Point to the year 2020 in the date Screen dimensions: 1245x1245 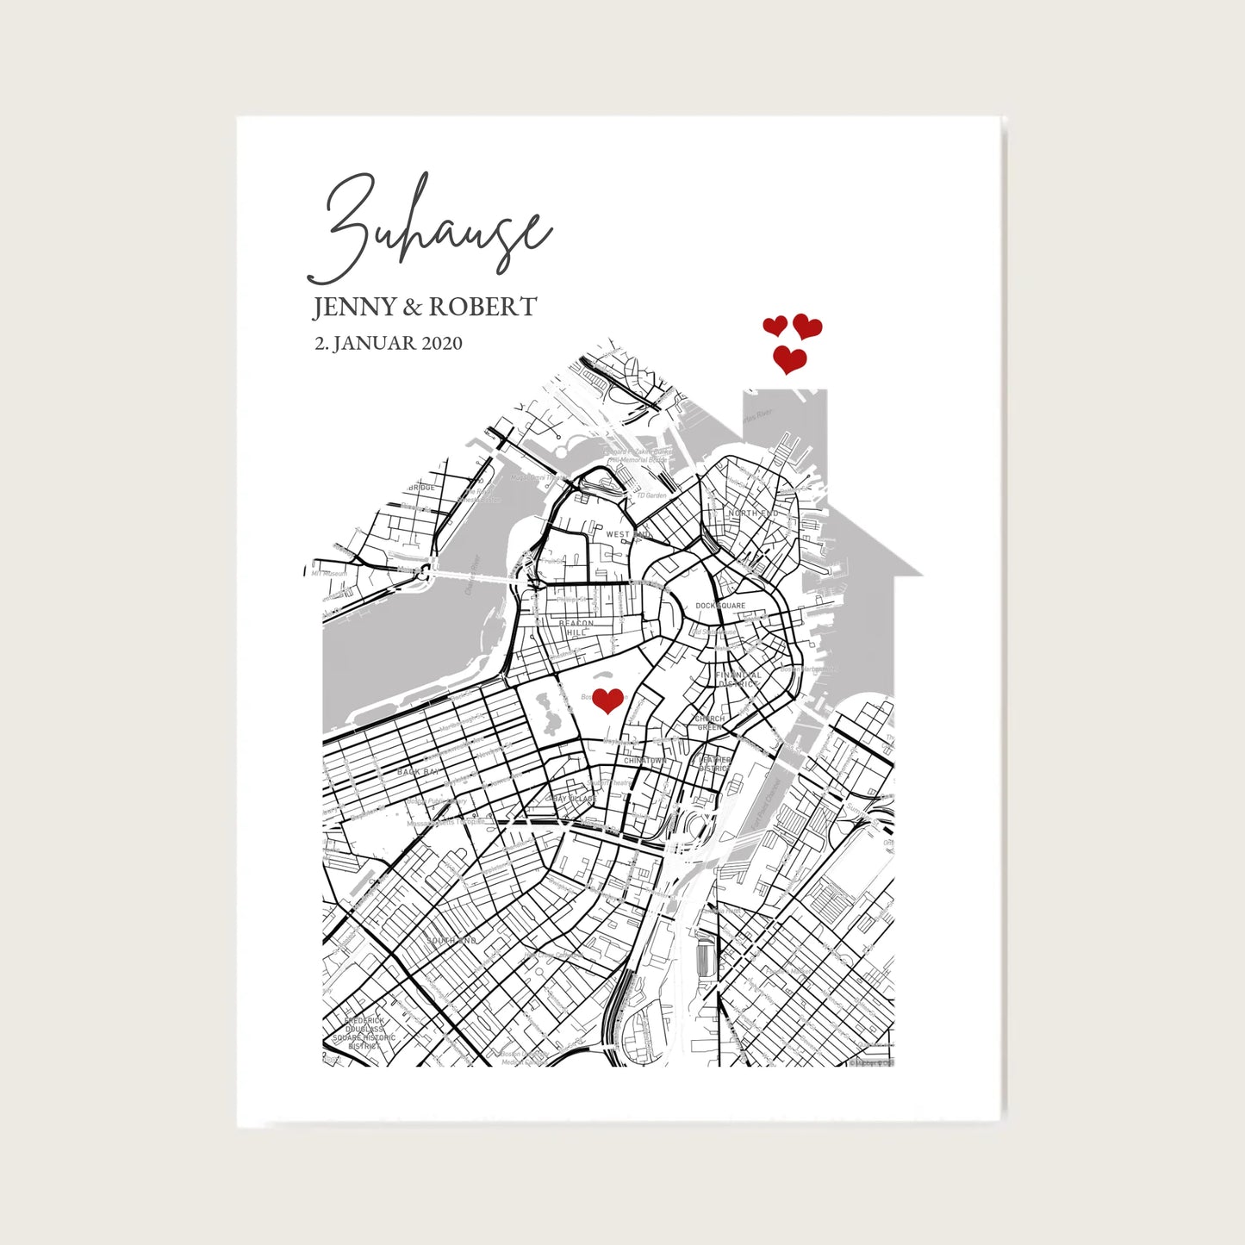coord(441,343)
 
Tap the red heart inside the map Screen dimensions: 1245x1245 coord(607,700)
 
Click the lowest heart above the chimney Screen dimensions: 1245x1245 coord(789,359)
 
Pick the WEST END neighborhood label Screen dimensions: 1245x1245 coord(628,534)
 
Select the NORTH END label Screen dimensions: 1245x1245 coord(753,514)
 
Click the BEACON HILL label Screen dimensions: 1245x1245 coord(576,628)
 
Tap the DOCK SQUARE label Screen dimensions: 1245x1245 coord(720,606)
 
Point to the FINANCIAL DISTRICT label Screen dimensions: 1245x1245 coord(738,680)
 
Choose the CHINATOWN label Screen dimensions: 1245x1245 coord(644,762)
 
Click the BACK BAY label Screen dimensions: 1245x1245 coord(418,772)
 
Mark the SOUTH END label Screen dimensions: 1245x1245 coord(451,940)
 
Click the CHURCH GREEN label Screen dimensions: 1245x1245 coord(710,723)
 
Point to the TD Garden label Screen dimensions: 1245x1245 coord(651,496)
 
